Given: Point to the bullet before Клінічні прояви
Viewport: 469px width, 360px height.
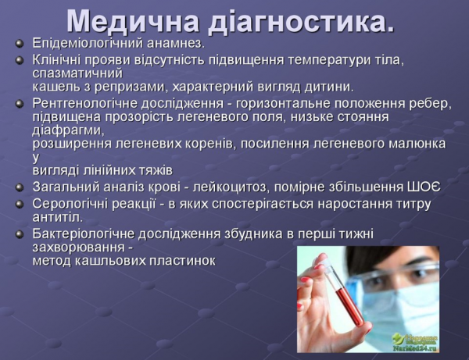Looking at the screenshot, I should point(20,59).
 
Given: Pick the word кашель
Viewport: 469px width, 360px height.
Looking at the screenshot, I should point(54,86).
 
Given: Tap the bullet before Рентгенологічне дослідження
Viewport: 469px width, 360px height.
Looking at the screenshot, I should point(20,103).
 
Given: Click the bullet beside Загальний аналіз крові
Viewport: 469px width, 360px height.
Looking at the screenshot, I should point(20,187).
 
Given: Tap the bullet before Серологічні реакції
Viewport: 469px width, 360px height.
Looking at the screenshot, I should point(20,204).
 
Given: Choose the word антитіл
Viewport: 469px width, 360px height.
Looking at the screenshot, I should point(55,217).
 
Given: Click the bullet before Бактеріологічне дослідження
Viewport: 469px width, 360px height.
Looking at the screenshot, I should point(20,233).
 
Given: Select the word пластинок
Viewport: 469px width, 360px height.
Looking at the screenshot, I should point(181,260).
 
